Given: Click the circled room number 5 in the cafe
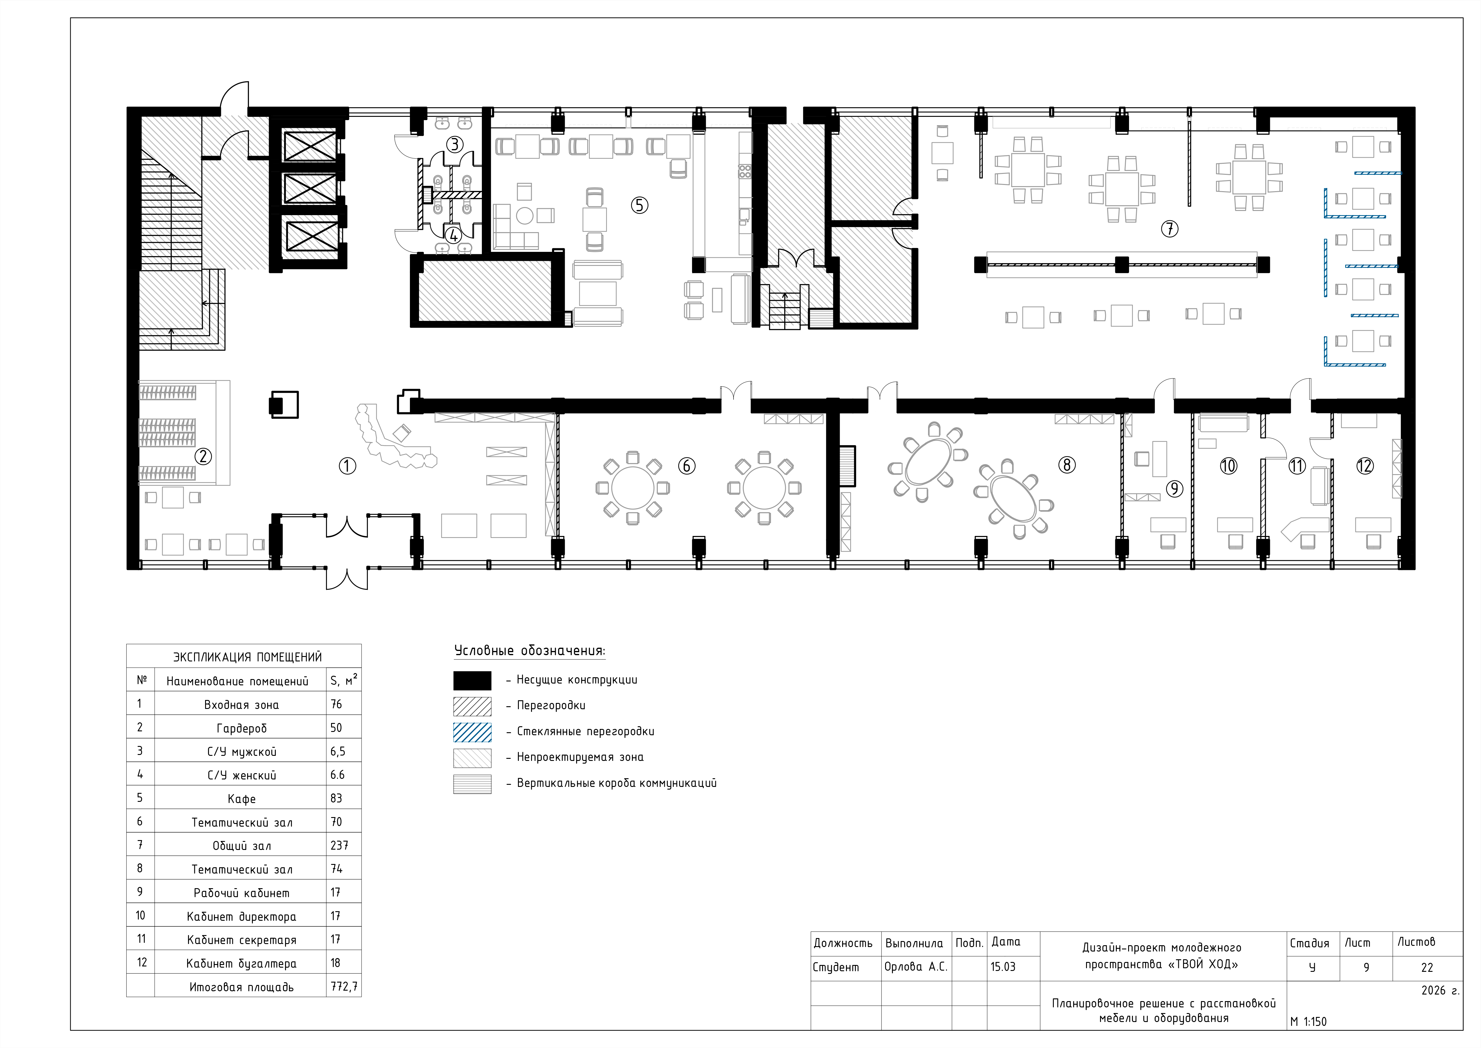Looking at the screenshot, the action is pyautogui.click(x=639, y=205).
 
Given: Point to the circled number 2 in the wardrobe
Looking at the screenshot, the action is pyautogui.click(x=203, y=456).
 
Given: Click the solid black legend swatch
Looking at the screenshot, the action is pyautogui.click(x=472, y=680).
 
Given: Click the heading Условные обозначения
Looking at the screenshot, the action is pyautogui.click(x=530, y=650).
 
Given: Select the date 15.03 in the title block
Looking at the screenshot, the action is pyautogui.click(x=1003, y=967).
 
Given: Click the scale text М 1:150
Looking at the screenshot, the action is pyautogui.click(x=1309, y=1021).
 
